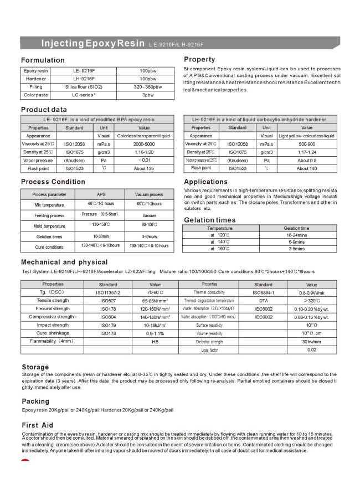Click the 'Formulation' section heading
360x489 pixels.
pos(43,60)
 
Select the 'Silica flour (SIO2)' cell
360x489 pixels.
pos(74,87)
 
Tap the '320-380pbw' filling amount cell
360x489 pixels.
pos(148,87)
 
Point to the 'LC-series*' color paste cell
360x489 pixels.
pos(74,95)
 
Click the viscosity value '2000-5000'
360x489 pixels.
pos(144,143)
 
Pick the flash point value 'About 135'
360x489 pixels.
pos(144,168)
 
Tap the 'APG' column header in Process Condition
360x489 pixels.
pos(101,194)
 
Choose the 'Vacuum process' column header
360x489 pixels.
pos(149,194)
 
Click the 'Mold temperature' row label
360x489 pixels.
pos(48,226)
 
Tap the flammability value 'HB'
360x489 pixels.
pos(156,342)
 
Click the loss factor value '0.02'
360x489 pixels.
pos(312,349)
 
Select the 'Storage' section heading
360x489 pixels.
pos(35,367)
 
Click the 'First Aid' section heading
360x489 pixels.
pos(37,424)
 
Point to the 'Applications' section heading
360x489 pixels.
pos(205,182)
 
